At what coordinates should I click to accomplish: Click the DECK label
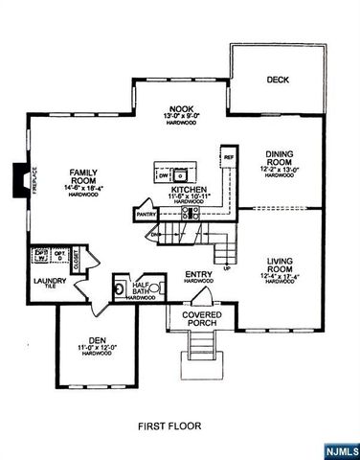click(x=278, y=80)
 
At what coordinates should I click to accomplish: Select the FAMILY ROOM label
click(x=84, y=177)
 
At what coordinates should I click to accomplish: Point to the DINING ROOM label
click(x=279, y=156)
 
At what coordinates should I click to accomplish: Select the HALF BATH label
click(x=142, y=285)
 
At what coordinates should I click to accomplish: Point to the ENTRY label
click(x=198, y=274)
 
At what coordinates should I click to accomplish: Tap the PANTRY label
click(x=146, y=216)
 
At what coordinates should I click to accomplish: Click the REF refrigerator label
click(x=229, y=155)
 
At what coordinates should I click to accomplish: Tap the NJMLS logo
click(x=340, y=448)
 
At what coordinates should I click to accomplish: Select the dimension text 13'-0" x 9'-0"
click(x=181, y=117)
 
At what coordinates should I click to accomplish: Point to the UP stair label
click(x=226, y=268)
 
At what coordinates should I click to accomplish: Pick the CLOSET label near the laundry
click(x=74, y=256)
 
